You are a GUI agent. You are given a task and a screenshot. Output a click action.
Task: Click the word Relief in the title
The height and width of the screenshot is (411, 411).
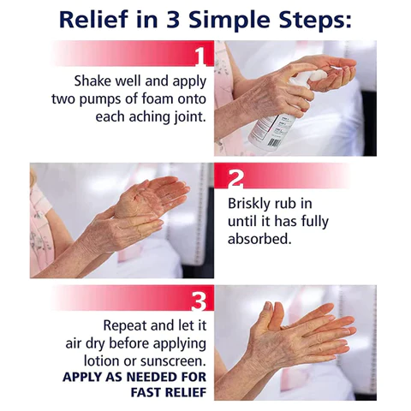click(x=93, y=19)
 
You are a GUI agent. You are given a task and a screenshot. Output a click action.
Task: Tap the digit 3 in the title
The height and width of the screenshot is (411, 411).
click(x=174, y=20)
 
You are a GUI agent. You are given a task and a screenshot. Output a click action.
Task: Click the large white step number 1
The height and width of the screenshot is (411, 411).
click(x=202, y=57)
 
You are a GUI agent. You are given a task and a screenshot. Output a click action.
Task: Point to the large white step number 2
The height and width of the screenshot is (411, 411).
click(x=235, y=179)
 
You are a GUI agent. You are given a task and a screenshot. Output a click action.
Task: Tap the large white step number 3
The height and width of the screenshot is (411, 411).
click(x=199, y=301)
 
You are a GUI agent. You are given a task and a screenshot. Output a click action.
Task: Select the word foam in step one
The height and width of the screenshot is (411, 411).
click(x=158, y=98)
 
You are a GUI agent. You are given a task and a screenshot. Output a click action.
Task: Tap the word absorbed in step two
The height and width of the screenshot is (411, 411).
click(x=259, y=239)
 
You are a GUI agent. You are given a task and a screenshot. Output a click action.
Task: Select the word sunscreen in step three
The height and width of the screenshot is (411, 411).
click(x=173, y=361)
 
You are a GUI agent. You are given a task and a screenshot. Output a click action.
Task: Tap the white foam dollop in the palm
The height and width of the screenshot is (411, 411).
click(x=317, y=74)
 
